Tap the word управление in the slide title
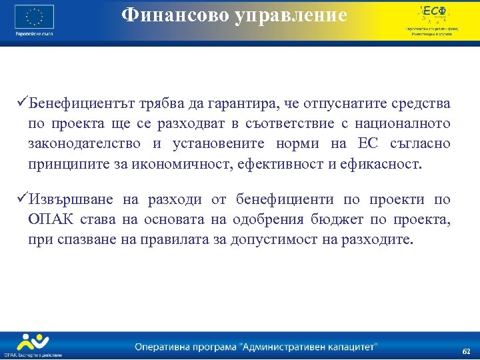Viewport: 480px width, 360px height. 291,16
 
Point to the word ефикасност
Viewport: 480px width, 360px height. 387,164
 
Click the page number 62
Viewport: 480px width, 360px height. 466,351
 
